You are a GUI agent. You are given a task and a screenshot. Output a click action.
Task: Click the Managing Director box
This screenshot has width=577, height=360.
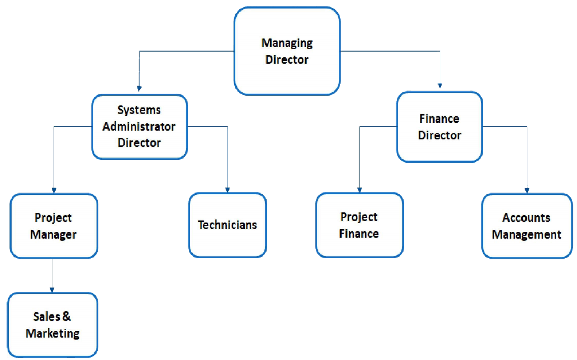click(x=287, y=51)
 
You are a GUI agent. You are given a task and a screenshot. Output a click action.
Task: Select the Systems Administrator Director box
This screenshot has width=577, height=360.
click(x=139, y=126)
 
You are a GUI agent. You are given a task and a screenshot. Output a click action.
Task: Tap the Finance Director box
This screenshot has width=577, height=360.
click(x=439, y=126)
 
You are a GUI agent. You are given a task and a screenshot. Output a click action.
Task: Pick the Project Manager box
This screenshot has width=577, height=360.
click(x=54, y=226)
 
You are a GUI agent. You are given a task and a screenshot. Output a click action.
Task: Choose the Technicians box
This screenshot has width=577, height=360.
click(x=227, y=225)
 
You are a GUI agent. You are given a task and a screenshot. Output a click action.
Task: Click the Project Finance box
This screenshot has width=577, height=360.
click(x=359, y=225)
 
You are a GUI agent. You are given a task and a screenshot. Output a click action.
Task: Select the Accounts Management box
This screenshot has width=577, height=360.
click(x=527, y=226)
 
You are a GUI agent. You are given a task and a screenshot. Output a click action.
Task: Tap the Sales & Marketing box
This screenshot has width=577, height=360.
click(x=53, y=325)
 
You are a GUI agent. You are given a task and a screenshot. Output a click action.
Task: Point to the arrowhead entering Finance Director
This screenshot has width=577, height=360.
click(x=440, y=85)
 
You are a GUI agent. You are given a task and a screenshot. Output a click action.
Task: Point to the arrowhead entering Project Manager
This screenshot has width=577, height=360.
click(x=54, y=190)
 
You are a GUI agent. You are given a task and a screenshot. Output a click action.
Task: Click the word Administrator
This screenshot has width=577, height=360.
click(x=139, y=126)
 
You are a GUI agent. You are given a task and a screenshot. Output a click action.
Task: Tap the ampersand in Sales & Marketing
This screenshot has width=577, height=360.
click(x=66, y=316)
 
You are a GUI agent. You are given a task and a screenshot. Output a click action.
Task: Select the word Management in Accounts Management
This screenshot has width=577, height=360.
click(x=527, y=235)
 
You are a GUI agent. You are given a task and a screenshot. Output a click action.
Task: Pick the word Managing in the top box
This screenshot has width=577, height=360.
click(x=287, y=43)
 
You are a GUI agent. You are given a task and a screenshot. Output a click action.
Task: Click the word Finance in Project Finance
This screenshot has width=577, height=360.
click(x=359, y=234)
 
